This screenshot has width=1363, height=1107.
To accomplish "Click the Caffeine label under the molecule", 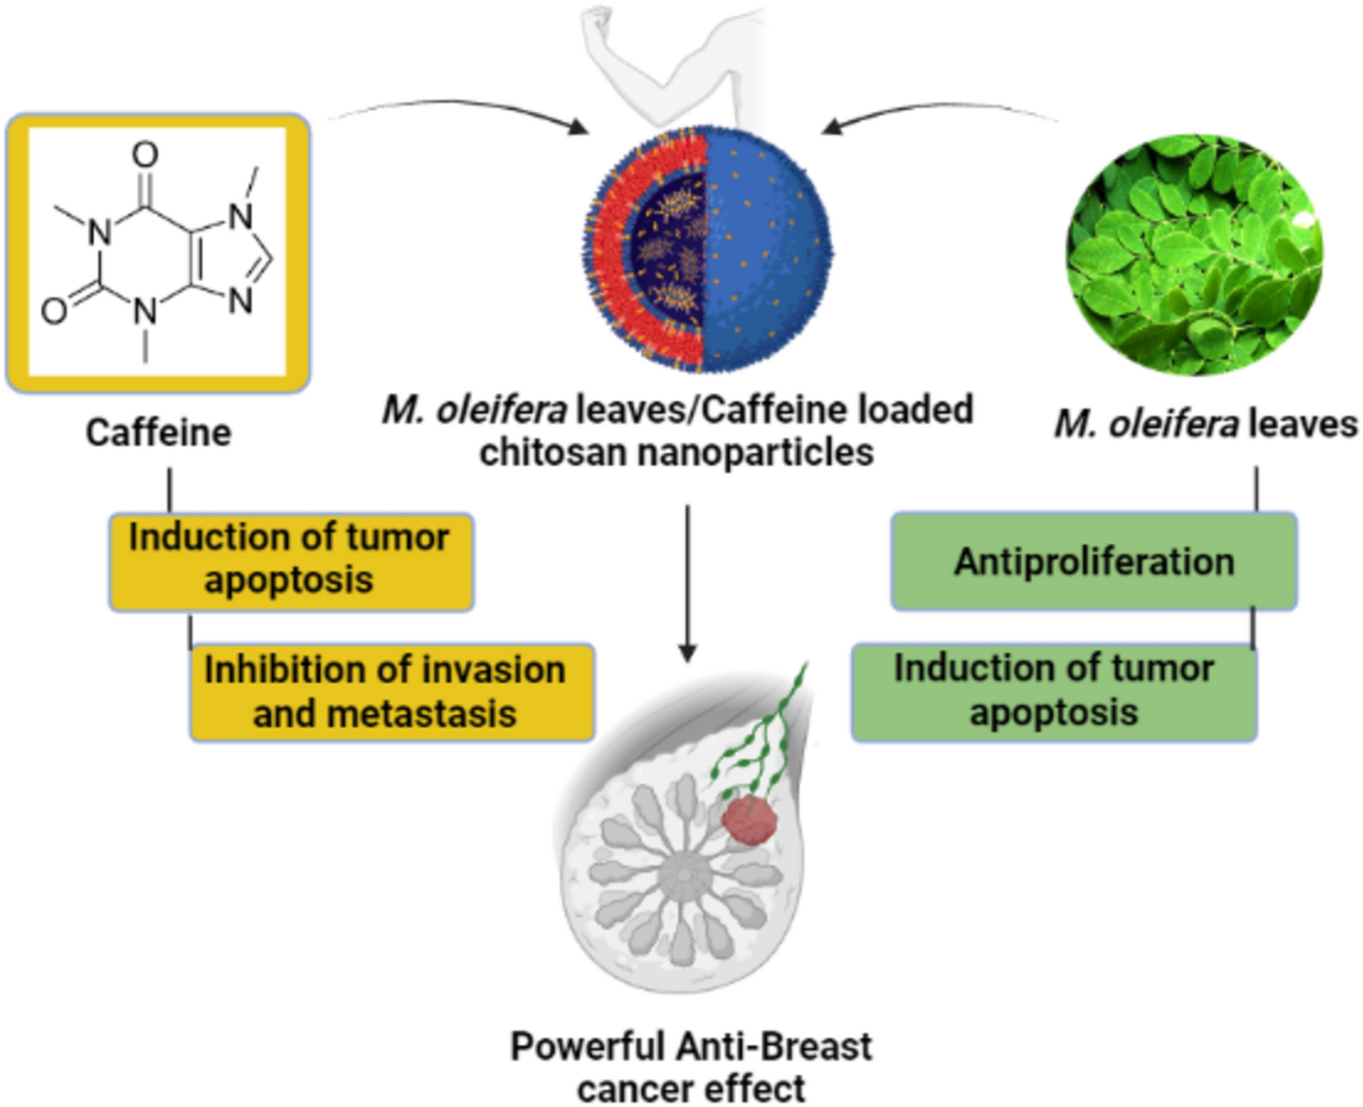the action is click(158, 432).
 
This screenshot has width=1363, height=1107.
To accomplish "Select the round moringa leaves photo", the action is click(1194, 256).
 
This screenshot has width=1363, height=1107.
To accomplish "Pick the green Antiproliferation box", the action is click(1094, 561).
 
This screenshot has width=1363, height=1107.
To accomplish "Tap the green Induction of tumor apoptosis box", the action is click(1054, 691).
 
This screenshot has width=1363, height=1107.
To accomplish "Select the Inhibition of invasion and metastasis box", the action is click(391, 691).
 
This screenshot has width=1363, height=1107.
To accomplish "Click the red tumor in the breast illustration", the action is click(749, 820).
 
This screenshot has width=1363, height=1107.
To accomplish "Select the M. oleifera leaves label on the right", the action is click(1206, 424).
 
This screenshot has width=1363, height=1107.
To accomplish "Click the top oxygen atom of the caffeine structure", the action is click(145, 156).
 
